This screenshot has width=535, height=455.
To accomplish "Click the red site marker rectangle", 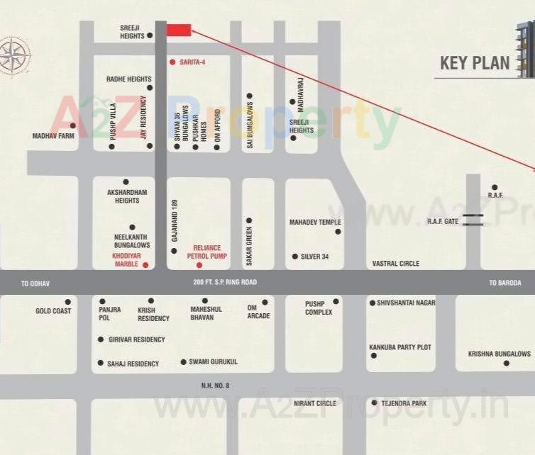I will (x=179, y=30).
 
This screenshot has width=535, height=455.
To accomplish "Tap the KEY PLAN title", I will (x=475, y=62).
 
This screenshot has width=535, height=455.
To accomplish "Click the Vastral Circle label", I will (x=395, y=264).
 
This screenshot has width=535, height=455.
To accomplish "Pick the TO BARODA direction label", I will (x=504, y=283).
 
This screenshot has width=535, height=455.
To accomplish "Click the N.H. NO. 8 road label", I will (x=215, y=385).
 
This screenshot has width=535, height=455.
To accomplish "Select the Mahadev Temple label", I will (x=315, y=223).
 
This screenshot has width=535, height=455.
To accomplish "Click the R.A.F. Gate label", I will (x=443, y=222).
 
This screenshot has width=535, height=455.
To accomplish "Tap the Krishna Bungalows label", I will (x=499, y=354).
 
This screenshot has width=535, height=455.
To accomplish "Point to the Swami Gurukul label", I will (x=213, y=362).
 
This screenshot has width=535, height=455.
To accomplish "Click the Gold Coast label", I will (x=53, y=311).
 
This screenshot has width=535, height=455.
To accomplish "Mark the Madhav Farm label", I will (x=53, y=135).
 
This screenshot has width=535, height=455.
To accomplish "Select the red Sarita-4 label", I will (x=192, y=62).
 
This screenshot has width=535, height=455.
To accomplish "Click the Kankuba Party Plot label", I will (x=399, y=347).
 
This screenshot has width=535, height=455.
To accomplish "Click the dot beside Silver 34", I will (x=294, y=257).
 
